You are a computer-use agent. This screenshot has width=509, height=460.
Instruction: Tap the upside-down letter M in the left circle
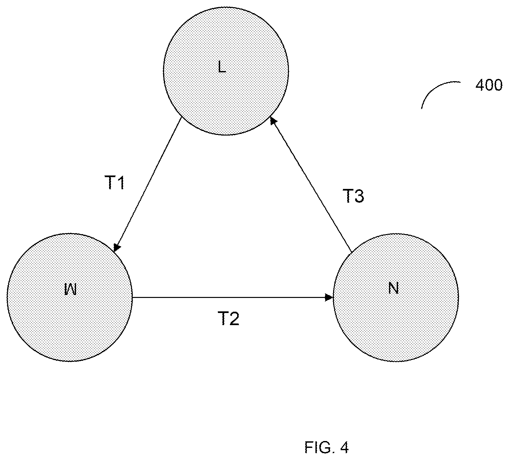pyautogui.click(x=70, y=290)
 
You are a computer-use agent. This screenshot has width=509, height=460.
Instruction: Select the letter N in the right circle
pyautogui.click(x=393, y=288)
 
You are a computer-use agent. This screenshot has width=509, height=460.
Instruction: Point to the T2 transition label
pyautogui.click(x=229, y=319)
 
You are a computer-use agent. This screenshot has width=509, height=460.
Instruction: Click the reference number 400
pyautogui.click(x=489, y=85)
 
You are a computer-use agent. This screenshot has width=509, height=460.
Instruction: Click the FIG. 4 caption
pyautogui.click(x=326, y=447)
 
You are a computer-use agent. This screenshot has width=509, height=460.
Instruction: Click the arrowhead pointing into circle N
pyautogui.click(x=329, y=297)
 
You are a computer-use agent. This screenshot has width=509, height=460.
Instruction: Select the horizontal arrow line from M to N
pyautogui.click(x=233, y=297)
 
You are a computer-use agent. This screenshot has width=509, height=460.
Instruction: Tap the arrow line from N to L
pyautogui.click(x=311, y=185)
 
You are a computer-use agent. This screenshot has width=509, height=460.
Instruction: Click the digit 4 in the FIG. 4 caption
pyautogui.click(x=344, y=447)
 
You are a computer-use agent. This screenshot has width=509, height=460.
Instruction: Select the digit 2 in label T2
pyautogui.click(x=234, y=319)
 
